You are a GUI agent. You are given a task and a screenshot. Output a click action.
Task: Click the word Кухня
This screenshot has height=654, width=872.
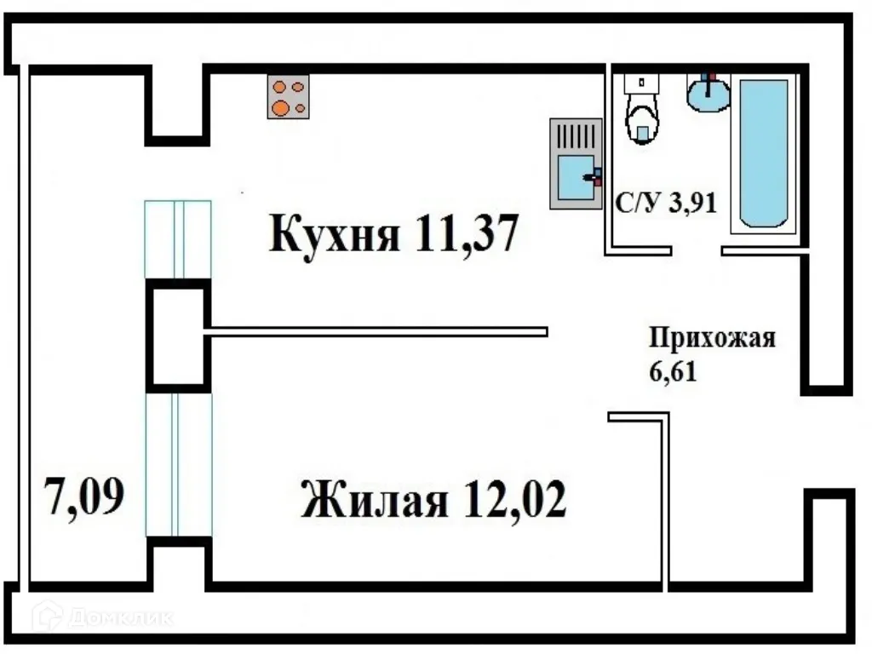[x=334, y=233]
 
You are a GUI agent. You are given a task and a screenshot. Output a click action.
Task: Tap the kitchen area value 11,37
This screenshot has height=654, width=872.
[x=466, y=233]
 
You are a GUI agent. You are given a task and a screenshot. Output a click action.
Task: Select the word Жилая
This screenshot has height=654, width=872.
[x=374, y=500]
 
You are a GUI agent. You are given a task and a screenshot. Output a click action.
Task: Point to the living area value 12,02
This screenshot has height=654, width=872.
[x=515, y=500]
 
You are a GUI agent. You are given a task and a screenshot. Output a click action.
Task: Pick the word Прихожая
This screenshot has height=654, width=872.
[x=713, y=338]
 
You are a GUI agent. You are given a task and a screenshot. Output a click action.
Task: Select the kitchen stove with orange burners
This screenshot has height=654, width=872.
[x=288, y=96]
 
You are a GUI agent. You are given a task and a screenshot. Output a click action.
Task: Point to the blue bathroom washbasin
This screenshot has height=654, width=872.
[x=708, y=93]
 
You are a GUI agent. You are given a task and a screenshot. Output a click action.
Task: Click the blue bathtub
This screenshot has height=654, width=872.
[x=763, y=153]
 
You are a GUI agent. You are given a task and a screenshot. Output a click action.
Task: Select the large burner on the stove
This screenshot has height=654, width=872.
[x=279, y=107]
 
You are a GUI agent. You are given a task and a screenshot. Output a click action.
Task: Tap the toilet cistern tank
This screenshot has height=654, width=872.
[x=642, y=83]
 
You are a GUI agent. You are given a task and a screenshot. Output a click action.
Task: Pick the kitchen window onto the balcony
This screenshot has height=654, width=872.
[x=178, y=239]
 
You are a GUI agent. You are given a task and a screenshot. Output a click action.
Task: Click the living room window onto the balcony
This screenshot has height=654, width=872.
[x=178, y=464]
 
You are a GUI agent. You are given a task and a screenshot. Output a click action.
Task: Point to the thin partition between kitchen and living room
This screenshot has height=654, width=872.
[x=375, y=331]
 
